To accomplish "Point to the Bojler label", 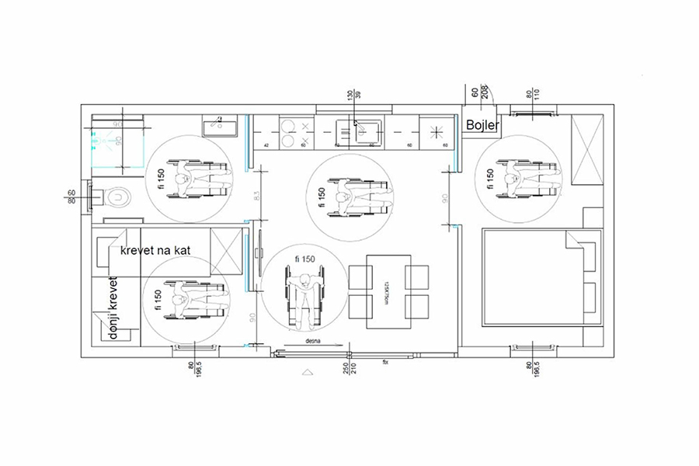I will [x=482, y=125].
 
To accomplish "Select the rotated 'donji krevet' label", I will [x=113, y=309].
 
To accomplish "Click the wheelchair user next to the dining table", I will [x=304, y=295].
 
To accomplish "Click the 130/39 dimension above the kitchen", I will [x=354, y=96].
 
